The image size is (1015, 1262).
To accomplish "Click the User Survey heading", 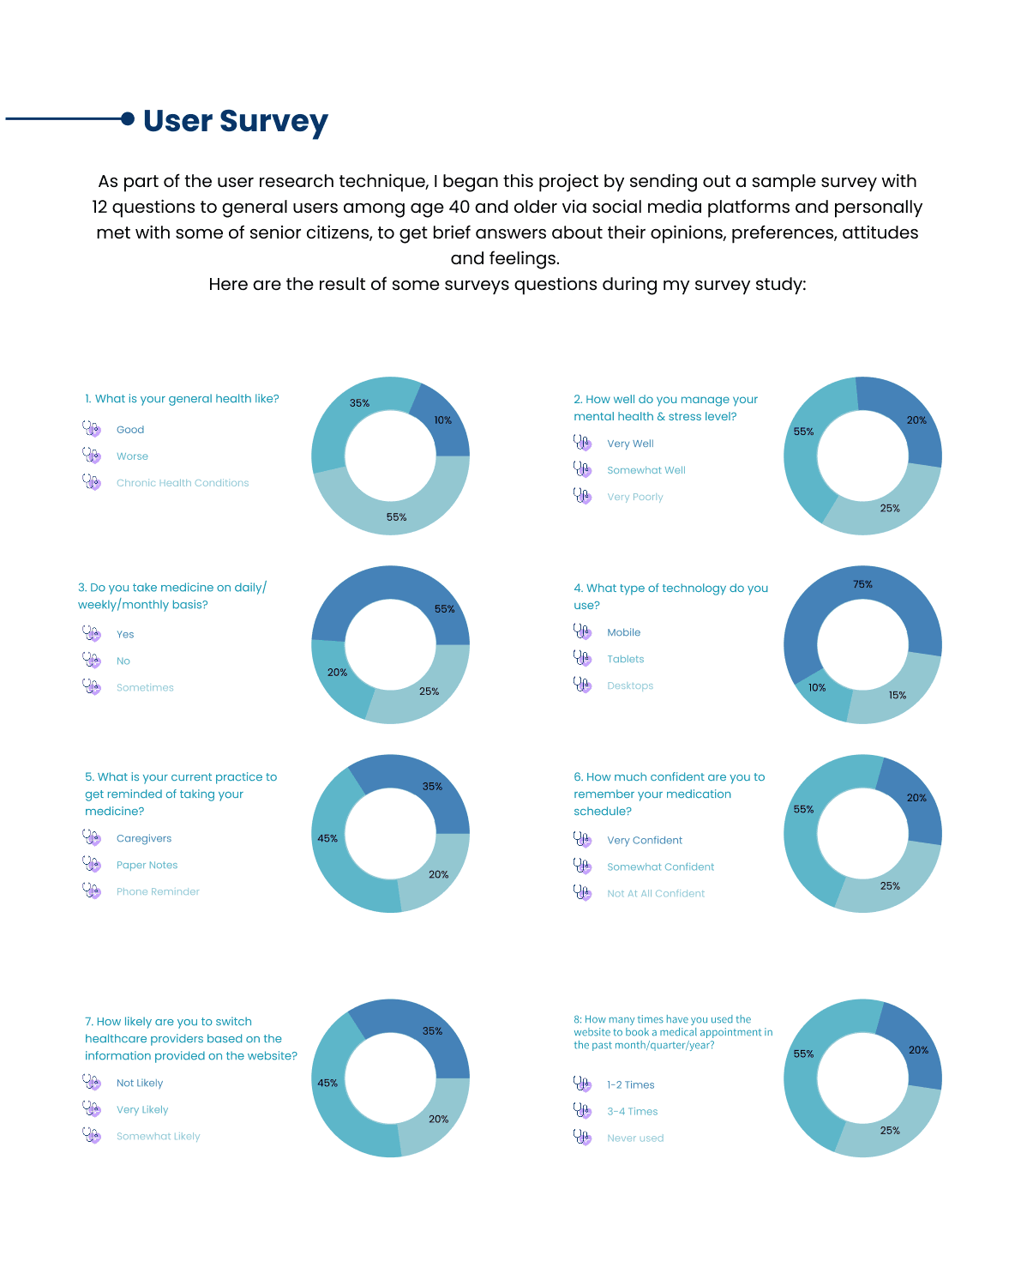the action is (236, 121).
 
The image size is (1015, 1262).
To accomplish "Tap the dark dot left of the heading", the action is (128, 118).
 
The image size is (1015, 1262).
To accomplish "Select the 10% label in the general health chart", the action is (442, 420).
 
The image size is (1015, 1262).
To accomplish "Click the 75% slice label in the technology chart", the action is (862, 584).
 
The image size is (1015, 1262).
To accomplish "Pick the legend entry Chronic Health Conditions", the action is (183, 483).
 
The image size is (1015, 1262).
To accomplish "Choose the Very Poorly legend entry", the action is (634, 497).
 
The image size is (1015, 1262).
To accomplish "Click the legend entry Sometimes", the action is (145, 687).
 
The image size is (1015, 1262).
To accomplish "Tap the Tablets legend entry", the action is (625, 659).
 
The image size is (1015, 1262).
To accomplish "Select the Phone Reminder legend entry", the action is (158, 891).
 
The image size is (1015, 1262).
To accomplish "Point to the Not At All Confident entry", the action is (656, 893).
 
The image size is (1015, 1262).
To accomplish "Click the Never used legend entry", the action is (635, 1138).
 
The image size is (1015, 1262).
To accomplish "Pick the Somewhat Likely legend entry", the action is (159, 1136).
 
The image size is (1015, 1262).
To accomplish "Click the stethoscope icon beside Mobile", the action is (582, 631).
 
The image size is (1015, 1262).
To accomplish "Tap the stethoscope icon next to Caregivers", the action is (92, 837).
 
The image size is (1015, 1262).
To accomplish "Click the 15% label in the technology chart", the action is (897, 695).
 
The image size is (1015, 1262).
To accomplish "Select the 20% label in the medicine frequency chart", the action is (337, 672).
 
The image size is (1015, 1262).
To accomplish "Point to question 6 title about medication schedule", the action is (670, 794).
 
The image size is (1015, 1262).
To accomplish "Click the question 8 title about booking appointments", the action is (673, 1031).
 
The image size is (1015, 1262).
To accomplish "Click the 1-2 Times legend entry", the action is (631, 1084).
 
